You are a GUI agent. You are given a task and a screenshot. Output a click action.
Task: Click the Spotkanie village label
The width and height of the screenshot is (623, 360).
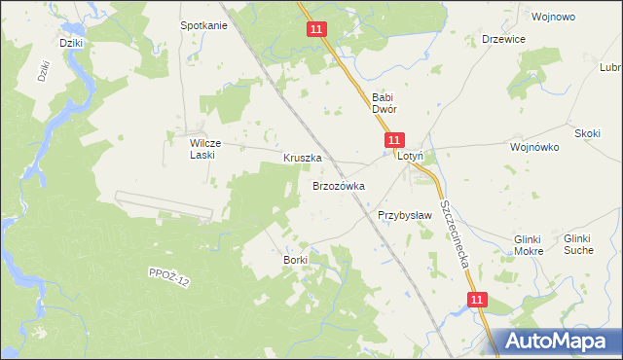203,25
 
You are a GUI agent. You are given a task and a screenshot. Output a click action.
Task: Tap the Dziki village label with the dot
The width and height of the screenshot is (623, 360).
69,44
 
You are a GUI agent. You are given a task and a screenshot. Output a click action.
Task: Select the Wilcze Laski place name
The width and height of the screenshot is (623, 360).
207,148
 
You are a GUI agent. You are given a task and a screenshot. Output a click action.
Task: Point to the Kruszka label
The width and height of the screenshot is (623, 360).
302,157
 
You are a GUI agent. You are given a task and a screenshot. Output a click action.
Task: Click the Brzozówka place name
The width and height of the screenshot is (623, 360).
338,185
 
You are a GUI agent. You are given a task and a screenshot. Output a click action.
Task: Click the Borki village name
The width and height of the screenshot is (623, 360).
295,260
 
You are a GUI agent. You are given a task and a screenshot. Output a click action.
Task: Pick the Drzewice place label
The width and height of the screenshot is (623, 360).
504,39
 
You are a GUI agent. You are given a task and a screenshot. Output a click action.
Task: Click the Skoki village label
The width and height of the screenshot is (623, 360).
587,133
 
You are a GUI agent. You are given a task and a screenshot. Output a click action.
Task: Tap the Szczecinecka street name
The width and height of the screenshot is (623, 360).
455,233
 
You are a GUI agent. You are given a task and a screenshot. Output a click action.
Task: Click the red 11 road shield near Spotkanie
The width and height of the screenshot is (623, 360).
316,30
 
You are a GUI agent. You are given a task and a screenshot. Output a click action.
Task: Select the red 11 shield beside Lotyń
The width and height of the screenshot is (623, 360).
392,141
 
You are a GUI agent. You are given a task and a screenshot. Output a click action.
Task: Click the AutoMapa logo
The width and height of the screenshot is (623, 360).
556,342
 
